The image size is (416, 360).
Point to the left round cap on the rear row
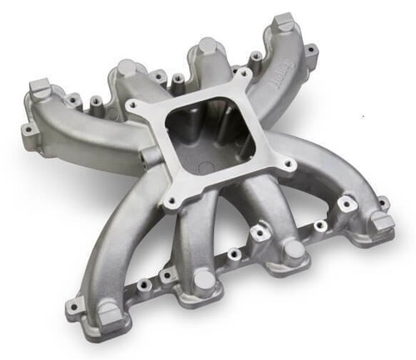coord(127,69)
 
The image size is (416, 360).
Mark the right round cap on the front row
coord(294,250)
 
